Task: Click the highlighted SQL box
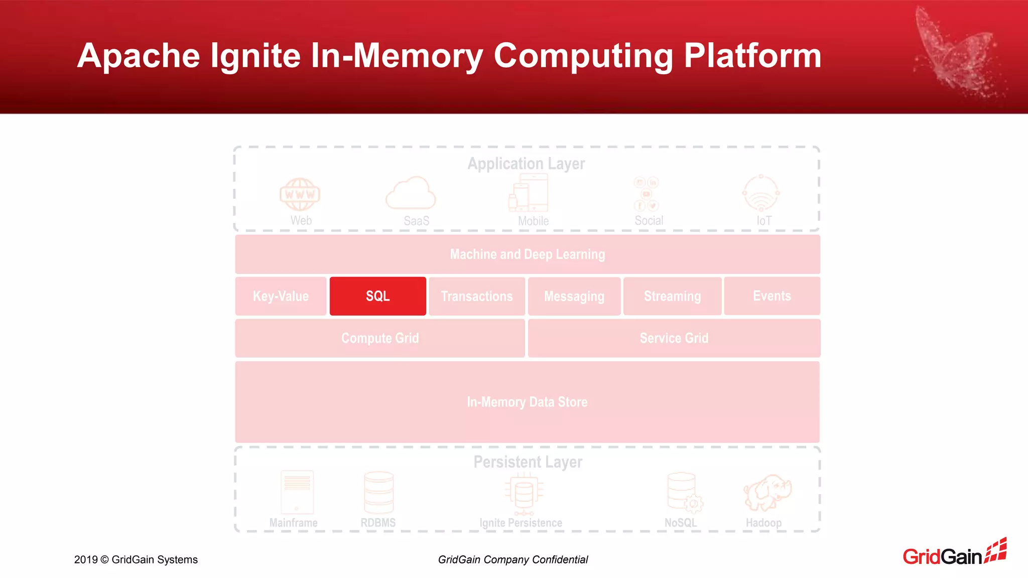pos(377,296)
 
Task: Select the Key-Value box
pos(281,296)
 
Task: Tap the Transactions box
pos(477,296)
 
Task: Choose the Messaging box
pos(574,296)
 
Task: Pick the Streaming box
pos(672,296)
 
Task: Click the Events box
pos(772,296)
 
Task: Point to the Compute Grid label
pos(380,338)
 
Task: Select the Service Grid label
pos(674,338)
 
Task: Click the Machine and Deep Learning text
pos(528,254)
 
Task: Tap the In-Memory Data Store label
pos(527,402)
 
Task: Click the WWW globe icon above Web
pos(300,194)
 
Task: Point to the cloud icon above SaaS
pos(411,193)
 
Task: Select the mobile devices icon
pos(529,193)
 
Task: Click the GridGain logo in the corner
pos(954,553)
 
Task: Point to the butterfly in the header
pos(956,55)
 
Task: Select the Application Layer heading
pos(526,164)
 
